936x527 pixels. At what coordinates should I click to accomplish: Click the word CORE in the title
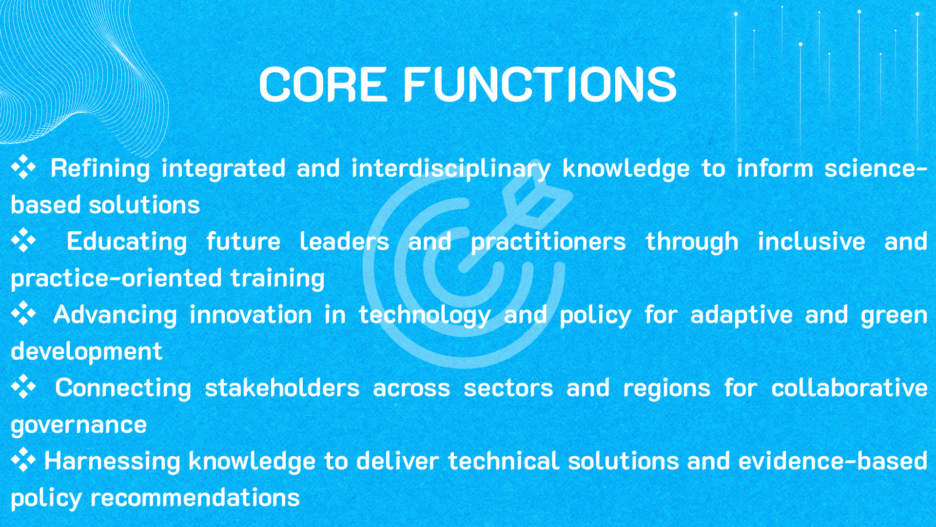[323, 84]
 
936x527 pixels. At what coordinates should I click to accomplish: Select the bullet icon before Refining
[23, 167]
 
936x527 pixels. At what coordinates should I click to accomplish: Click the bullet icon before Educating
[23, 241]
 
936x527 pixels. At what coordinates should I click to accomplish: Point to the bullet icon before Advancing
[23, 314]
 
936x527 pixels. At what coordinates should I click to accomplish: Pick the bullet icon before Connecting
[23, 387]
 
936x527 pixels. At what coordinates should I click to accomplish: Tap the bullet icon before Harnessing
[23, 460]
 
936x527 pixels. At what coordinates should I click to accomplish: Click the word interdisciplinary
[451, 169]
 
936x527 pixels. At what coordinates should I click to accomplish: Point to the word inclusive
[812, 242]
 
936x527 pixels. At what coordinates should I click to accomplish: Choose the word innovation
[251, 315]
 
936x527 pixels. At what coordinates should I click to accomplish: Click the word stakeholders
[282, 388]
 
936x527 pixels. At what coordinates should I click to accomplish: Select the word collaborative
[849, 388]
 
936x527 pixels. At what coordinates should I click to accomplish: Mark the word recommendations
[195, 498]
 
